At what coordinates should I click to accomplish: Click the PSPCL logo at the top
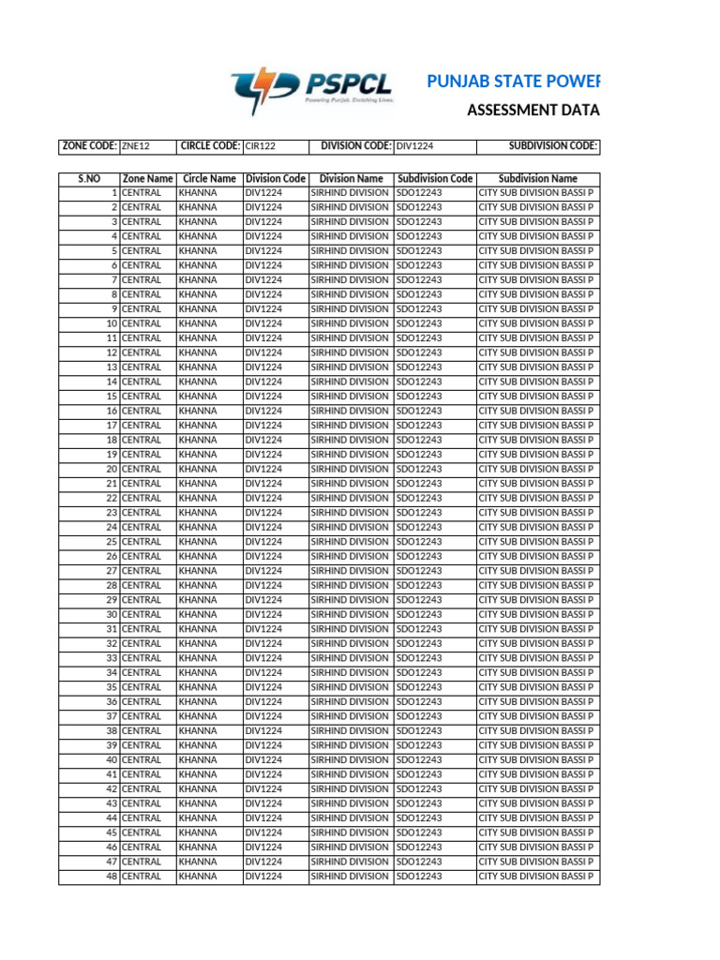[x=312, y=89]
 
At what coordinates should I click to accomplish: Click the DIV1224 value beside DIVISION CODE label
[x=414, y=146]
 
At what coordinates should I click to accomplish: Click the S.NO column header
[x=88, y=178]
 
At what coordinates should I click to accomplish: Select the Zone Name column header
[x=147, y=178]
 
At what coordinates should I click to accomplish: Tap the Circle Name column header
[x=209, y=178]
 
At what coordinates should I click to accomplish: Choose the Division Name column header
[x=351, y=178]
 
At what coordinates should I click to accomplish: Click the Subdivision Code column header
[x=435, y=178]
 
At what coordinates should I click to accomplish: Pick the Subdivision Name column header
[x=538, y=178]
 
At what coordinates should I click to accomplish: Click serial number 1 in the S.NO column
[x=113, y=192]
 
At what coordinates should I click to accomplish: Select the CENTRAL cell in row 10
[x=142, y=323]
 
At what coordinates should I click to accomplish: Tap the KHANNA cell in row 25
[x=197, y=542]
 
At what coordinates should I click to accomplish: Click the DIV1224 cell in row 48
[x=263, y=877]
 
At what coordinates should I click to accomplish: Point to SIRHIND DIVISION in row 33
[x=350, y=658]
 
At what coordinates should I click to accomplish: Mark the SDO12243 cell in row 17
[x=419, y=426]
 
